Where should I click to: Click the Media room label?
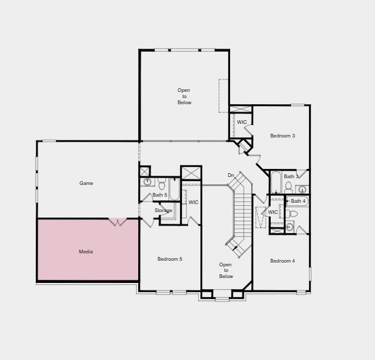pos(86,252)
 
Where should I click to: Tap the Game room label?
pos(86,183)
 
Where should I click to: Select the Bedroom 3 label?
pos(282,136)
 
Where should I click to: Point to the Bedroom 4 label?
pos(282,261)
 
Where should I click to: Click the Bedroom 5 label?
pos(170,259)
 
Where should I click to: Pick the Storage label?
pos(163,211)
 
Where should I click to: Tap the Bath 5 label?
pos(160,195)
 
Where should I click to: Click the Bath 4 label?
pos(298,201)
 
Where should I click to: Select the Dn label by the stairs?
pos(231,176)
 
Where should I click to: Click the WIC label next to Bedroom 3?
pos(242,122)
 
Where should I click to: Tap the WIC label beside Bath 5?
pos(193,202)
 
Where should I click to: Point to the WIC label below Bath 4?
pos(273,212)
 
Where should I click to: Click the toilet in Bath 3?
pos(289,186)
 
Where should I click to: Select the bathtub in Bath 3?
pos(276,182)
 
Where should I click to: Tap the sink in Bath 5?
pos(147,182)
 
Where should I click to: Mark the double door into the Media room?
pos(118,221)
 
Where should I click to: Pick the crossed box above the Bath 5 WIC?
pos(191,173)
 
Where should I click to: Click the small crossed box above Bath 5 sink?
pos(145,171)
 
